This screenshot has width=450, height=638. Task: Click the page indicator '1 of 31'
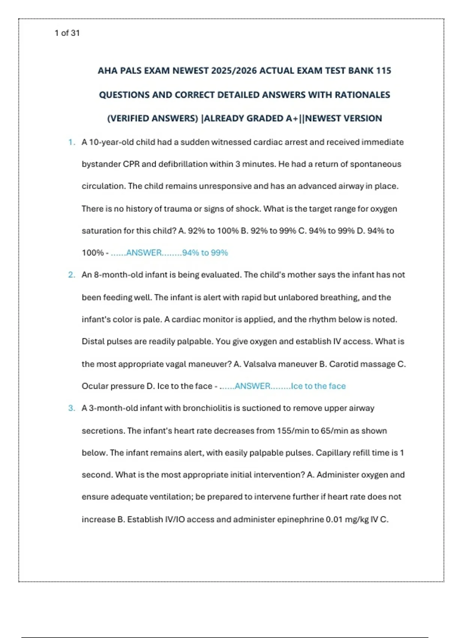click(67, 33)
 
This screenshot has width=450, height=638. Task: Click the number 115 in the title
click(383, 71)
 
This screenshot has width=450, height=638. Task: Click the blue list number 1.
click(71, 142)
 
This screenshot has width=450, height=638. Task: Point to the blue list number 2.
click(71, 275)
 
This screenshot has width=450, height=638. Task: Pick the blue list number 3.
click(71, 408)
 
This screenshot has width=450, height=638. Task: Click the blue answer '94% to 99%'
click(205, 253)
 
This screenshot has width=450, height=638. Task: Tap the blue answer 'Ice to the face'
click(318, 386)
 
